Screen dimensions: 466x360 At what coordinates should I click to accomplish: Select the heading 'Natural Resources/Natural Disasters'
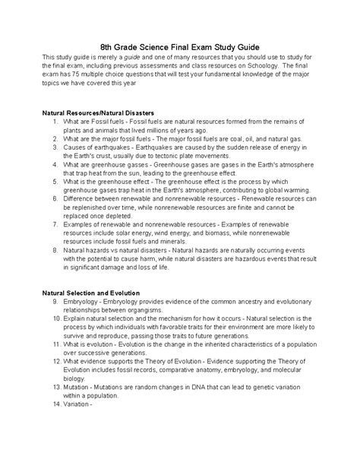tap(103, 113)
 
